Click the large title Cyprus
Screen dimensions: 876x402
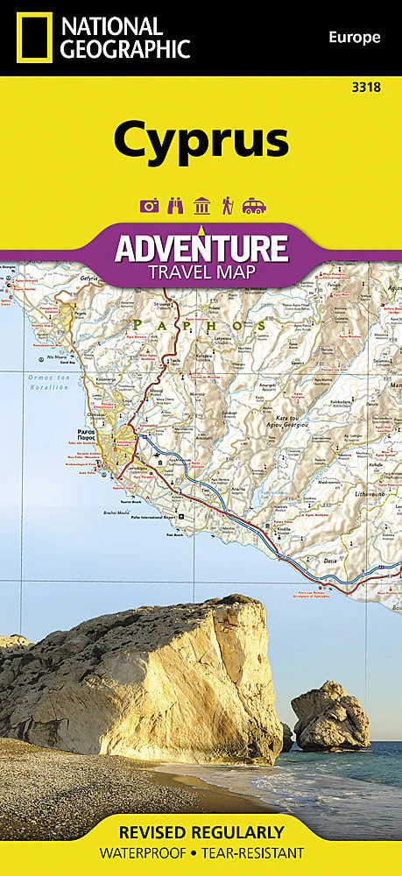(x=201, y=140)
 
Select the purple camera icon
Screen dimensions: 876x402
(x=148, y=206)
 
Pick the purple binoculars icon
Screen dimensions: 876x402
(x=174, y=206)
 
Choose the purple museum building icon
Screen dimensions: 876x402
(x=201, y=206)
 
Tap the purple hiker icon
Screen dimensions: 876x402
(x=227, y=206)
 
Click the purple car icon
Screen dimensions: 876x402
(x=254, y=206)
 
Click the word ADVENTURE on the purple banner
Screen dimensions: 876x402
(x=201, y=248)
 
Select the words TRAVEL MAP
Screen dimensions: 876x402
(x=201, y=272)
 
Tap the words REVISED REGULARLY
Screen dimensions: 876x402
(x=201, y=831)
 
